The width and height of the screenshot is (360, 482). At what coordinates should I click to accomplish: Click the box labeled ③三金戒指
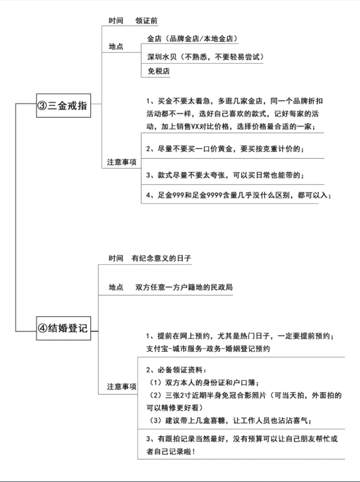point(63,105)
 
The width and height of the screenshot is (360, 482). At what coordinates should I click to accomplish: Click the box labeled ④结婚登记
point(63,328)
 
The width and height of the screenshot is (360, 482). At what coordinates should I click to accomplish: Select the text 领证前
point(147,21)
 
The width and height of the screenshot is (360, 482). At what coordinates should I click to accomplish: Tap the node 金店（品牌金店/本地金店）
point(193,39)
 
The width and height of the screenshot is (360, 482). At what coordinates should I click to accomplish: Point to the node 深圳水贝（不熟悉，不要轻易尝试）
point(206,57)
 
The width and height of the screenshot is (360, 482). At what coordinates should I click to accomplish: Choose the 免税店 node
point(158,71)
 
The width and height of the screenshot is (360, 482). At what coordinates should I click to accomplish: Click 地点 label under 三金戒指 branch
point(116,46)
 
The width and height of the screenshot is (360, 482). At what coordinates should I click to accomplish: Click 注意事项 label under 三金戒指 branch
point(122,162)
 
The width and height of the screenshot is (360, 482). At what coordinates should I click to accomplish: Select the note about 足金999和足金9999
point(239,195)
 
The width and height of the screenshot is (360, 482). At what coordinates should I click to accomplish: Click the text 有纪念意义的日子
point(161,258)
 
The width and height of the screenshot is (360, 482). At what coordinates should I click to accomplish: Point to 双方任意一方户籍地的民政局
point(184,287)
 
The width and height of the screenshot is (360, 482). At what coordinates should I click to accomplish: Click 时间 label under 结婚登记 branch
point(116,258)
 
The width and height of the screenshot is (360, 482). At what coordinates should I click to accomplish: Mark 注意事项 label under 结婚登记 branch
point(122,386)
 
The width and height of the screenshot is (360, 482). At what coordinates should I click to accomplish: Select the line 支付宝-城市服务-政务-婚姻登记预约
point(208,348)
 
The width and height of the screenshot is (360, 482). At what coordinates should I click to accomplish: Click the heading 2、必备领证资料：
point(176,370)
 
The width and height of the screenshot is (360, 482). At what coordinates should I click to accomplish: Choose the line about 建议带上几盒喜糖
point(230,420)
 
